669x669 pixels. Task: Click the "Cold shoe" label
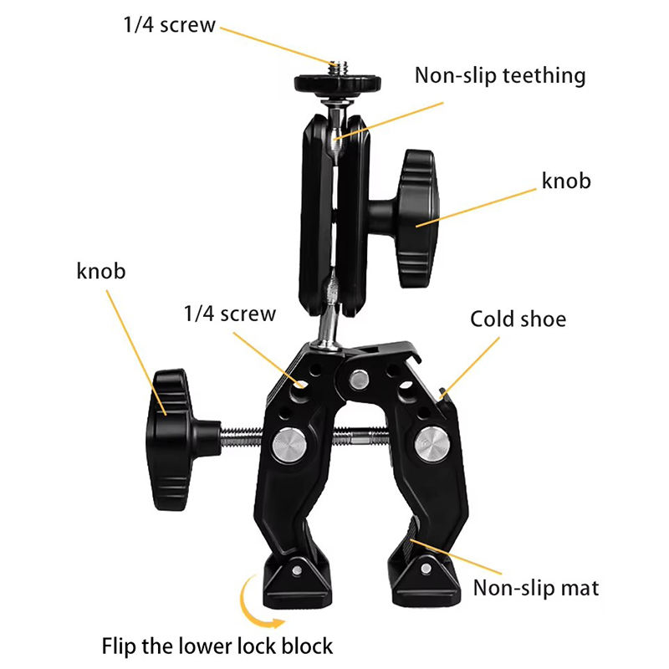coord(518,319)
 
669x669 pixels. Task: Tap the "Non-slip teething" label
coord(500,76)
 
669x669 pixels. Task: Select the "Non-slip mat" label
coord(536,588)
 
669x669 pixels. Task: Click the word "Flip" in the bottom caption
coord(121,646)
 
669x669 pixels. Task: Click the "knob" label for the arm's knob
coord(566,181)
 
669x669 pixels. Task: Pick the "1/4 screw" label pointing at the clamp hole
coord(229,314)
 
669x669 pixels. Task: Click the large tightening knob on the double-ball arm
coord(418,219)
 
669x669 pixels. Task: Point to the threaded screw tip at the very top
coord(337,65)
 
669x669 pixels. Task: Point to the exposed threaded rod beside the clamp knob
coord(243,435)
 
